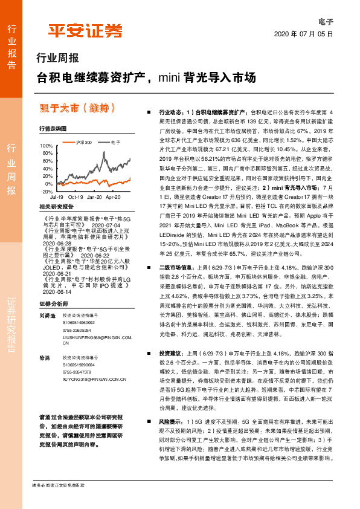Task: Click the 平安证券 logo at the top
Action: click(x=85, y=31)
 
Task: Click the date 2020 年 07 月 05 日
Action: click(x=304, y=34)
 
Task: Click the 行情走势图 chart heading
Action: click(x=52, y=129)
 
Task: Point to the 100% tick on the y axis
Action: click(x=46, y=146)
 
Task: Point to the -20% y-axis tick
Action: click(x=46, y=191)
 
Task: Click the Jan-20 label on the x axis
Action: click(x=94, y=197)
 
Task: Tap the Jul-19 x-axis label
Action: click(x=57, y=197)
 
